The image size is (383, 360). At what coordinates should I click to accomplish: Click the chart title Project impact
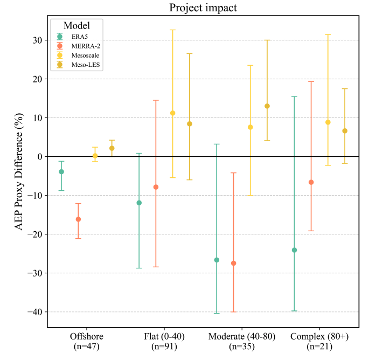point(203,8)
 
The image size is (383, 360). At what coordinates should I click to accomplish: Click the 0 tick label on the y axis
point(40,157)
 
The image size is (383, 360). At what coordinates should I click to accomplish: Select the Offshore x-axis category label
point(87,336)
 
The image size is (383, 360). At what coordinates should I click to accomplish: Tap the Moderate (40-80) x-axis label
point(242,336)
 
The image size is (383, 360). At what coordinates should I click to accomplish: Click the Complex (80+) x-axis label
point(319,336)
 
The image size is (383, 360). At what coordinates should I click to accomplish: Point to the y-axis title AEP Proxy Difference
point(19,171)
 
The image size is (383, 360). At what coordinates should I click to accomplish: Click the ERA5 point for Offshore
point(61,172)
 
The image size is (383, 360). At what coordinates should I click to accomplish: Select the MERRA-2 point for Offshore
point(78,219)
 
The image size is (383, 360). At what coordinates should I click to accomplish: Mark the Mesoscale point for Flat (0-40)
point(173,113)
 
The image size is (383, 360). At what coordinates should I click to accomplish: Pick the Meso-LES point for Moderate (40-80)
point(267,106)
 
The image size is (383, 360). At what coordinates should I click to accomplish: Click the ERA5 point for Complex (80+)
point(294,250)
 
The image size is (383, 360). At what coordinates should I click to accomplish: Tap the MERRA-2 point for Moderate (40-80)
point(233,263)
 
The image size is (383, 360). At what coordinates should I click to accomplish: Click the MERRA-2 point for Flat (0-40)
point(156,187)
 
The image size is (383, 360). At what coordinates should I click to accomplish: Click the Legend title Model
point(76,26)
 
